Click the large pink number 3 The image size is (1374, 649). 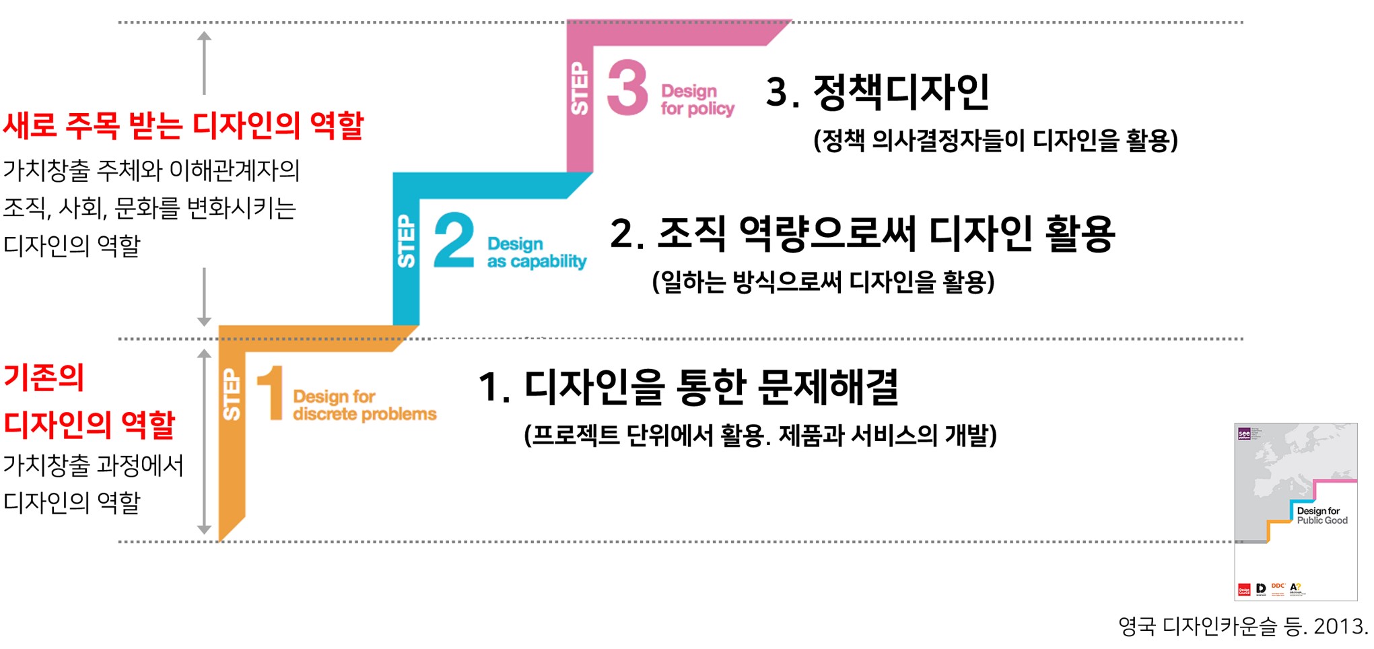coord(627,88)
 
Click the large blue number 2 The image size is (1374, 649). coord(454,240)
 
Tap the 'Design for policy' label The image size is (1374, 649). coord(697,100)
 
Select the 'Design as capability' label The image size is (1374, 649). coord(537,252)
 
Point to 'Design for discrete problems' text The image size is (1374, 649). coord(364,405)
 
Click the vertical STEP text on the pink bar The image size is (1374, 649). coord(580,88)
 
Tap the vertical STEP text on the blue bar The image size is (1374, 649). coord(407,241)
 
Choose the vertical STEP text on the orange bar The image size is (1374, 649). coord(232,395)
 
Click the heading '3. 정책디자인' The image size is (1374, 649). coord(877,92)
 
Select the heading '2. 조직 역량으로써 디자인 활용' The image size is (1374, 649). coord(862,234)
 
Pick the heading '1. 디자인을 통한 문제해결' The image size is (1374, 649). coord(688,387)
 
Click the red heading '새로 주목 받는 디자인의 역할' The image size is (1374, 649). coord(183,125)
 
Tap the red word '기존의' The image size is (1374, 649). coord(44,377)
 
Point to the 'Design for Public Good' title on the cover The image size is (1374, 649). coord(1321,516)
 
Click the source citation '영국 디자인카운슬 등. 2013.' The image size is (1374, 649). coord(1243,627)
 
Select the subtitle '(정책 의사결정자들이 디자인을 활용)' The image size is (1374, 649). coord(995,141)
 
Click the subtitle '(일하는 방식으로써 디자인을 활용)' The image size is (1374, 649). coord(823,281)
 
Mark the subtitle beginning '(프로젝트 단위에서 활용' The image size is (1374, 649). coord(760,436)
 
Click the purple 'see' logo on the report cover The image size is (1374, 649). coord(1244,434)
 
